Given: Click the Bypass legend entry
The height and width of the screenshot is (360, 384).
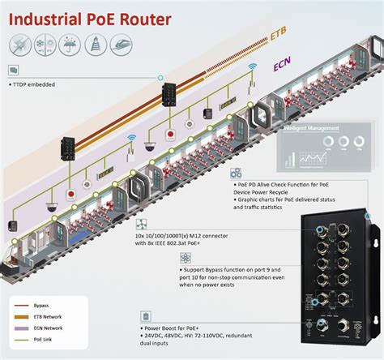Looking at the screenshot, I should pos(41,305).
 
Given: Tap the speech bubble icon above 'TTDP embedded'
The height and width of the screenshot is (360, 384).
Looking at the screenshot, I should pos(14,71).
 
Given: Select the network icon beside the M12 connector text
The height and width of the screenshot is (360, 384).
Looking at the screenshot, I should pos(142,225).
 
